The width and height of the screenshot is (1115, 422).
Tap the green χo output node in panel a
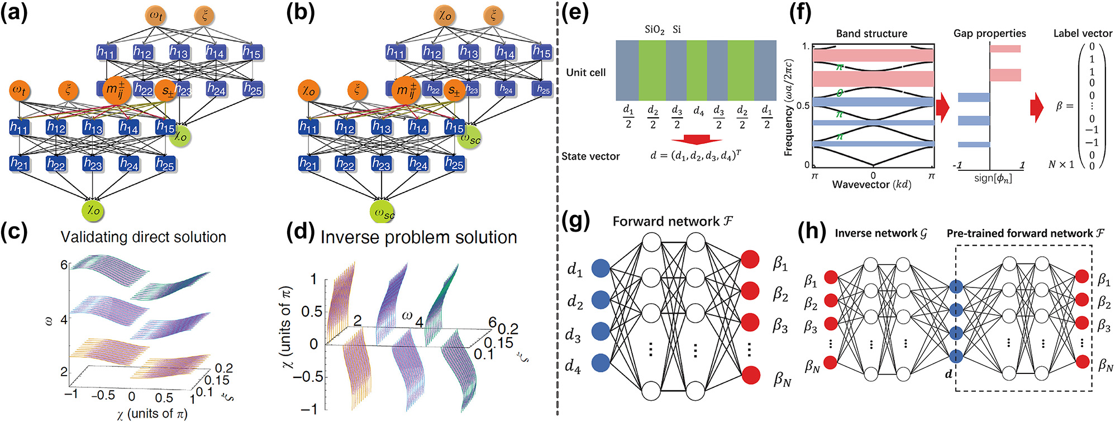point(93,210)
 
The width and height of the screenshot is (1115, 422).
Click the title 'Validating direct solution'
point(143,237)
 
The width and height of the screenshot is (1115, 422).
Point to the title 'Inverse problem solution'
point(418,237)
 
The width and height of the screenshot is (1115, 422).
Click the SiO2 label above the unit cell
point(654,30)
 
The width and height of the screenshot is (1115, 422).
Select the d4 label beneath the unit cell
point(698,112)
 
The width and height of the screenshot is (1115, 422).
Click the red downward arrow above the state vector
point(695,139)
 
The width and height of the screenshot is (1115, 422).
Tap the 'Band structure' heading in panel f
point(871,33)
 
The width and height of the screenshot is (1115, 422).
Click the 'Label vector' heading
point(1082,33)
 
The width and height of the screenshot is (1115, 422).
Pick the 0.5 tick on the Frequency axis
point(804,105)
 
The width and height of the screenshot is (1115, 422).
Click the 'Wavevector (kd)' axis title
point(871,185)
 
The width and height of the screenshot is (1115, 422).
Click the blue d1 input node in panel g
point(601,268)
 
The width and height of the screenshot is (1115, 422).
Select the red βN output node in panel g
point(750,375)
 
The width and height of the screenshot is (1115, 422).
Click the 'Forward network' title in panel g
point(673,222)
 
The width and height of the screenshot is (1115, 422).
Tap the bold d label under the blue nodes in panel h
point(948,374)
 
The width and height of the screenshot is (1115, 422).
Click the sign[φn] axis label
point(993,179)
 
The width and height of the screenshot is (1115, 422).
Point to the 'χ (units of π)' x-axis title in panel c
point(152,414)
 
